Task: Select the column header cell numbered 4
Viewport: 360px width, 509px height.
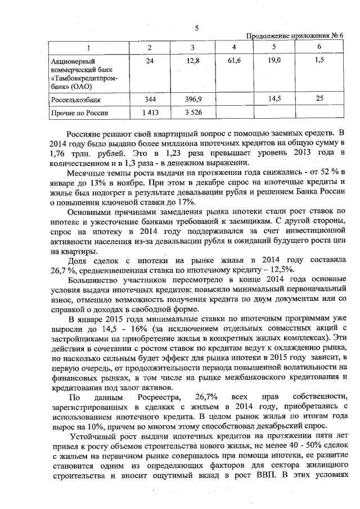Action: pyautogui.click(x=233, y=47)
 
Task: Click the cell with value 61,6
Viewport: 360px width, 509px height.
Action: pyautogui.click(x=233, y=60)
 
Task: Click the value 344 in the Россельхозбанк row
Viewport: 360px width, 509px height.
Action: pyautogui.click(x=150, y=99)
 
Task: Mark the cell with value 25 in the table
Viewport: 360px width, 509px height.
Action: pyautogui.click(x=319, y=99)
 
